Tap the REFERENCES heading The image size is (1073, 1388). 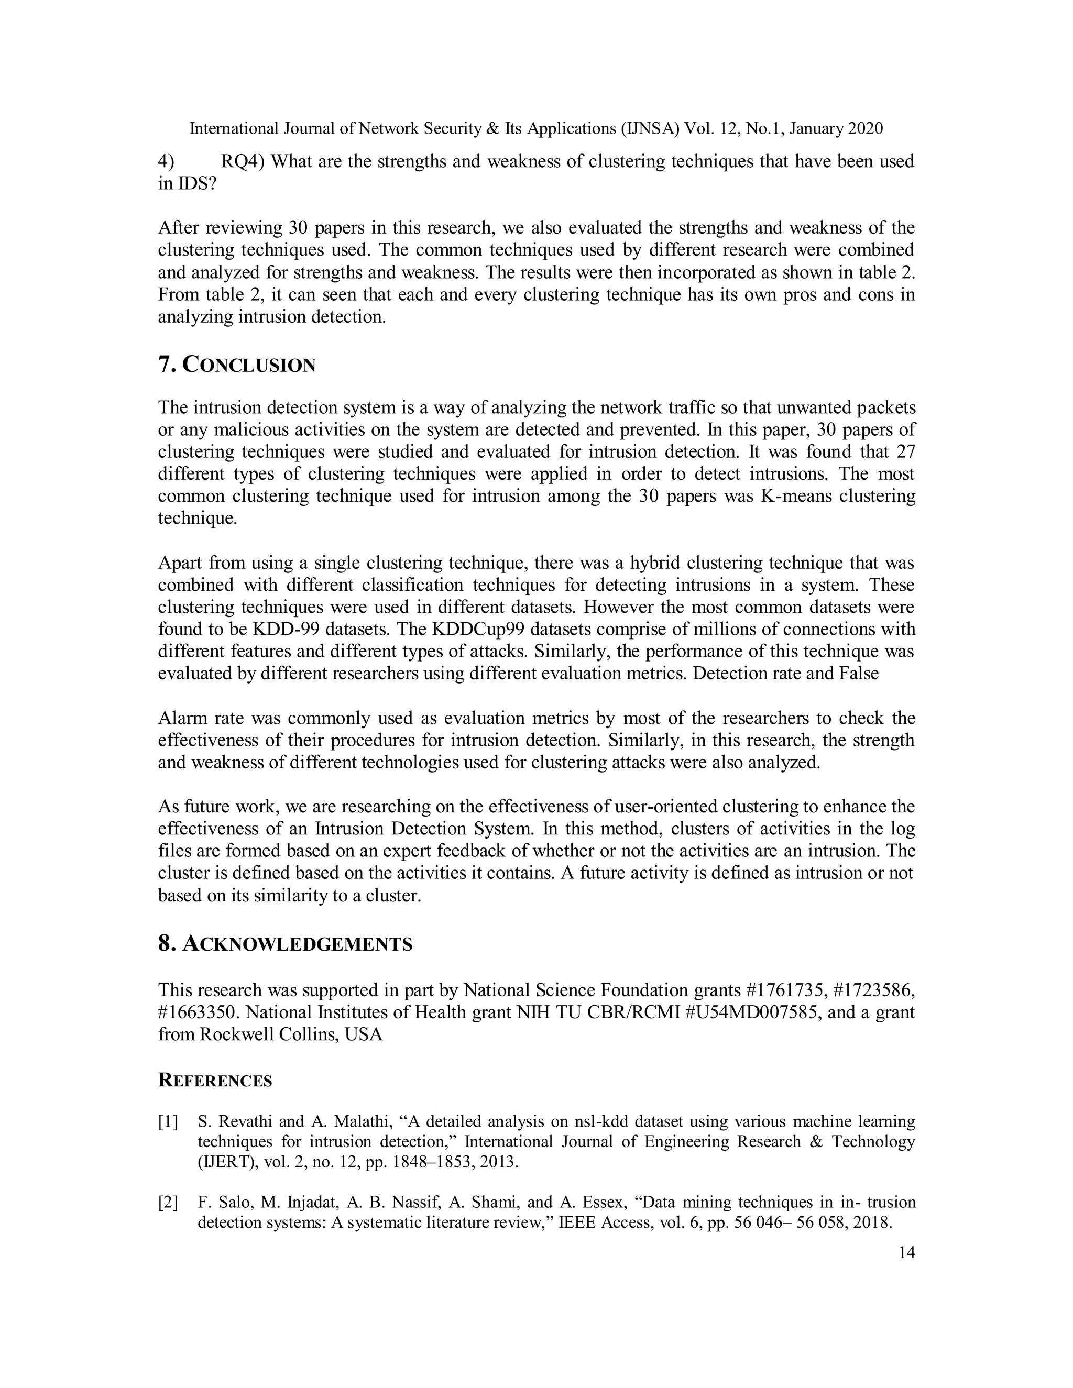coord(215,1081)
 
